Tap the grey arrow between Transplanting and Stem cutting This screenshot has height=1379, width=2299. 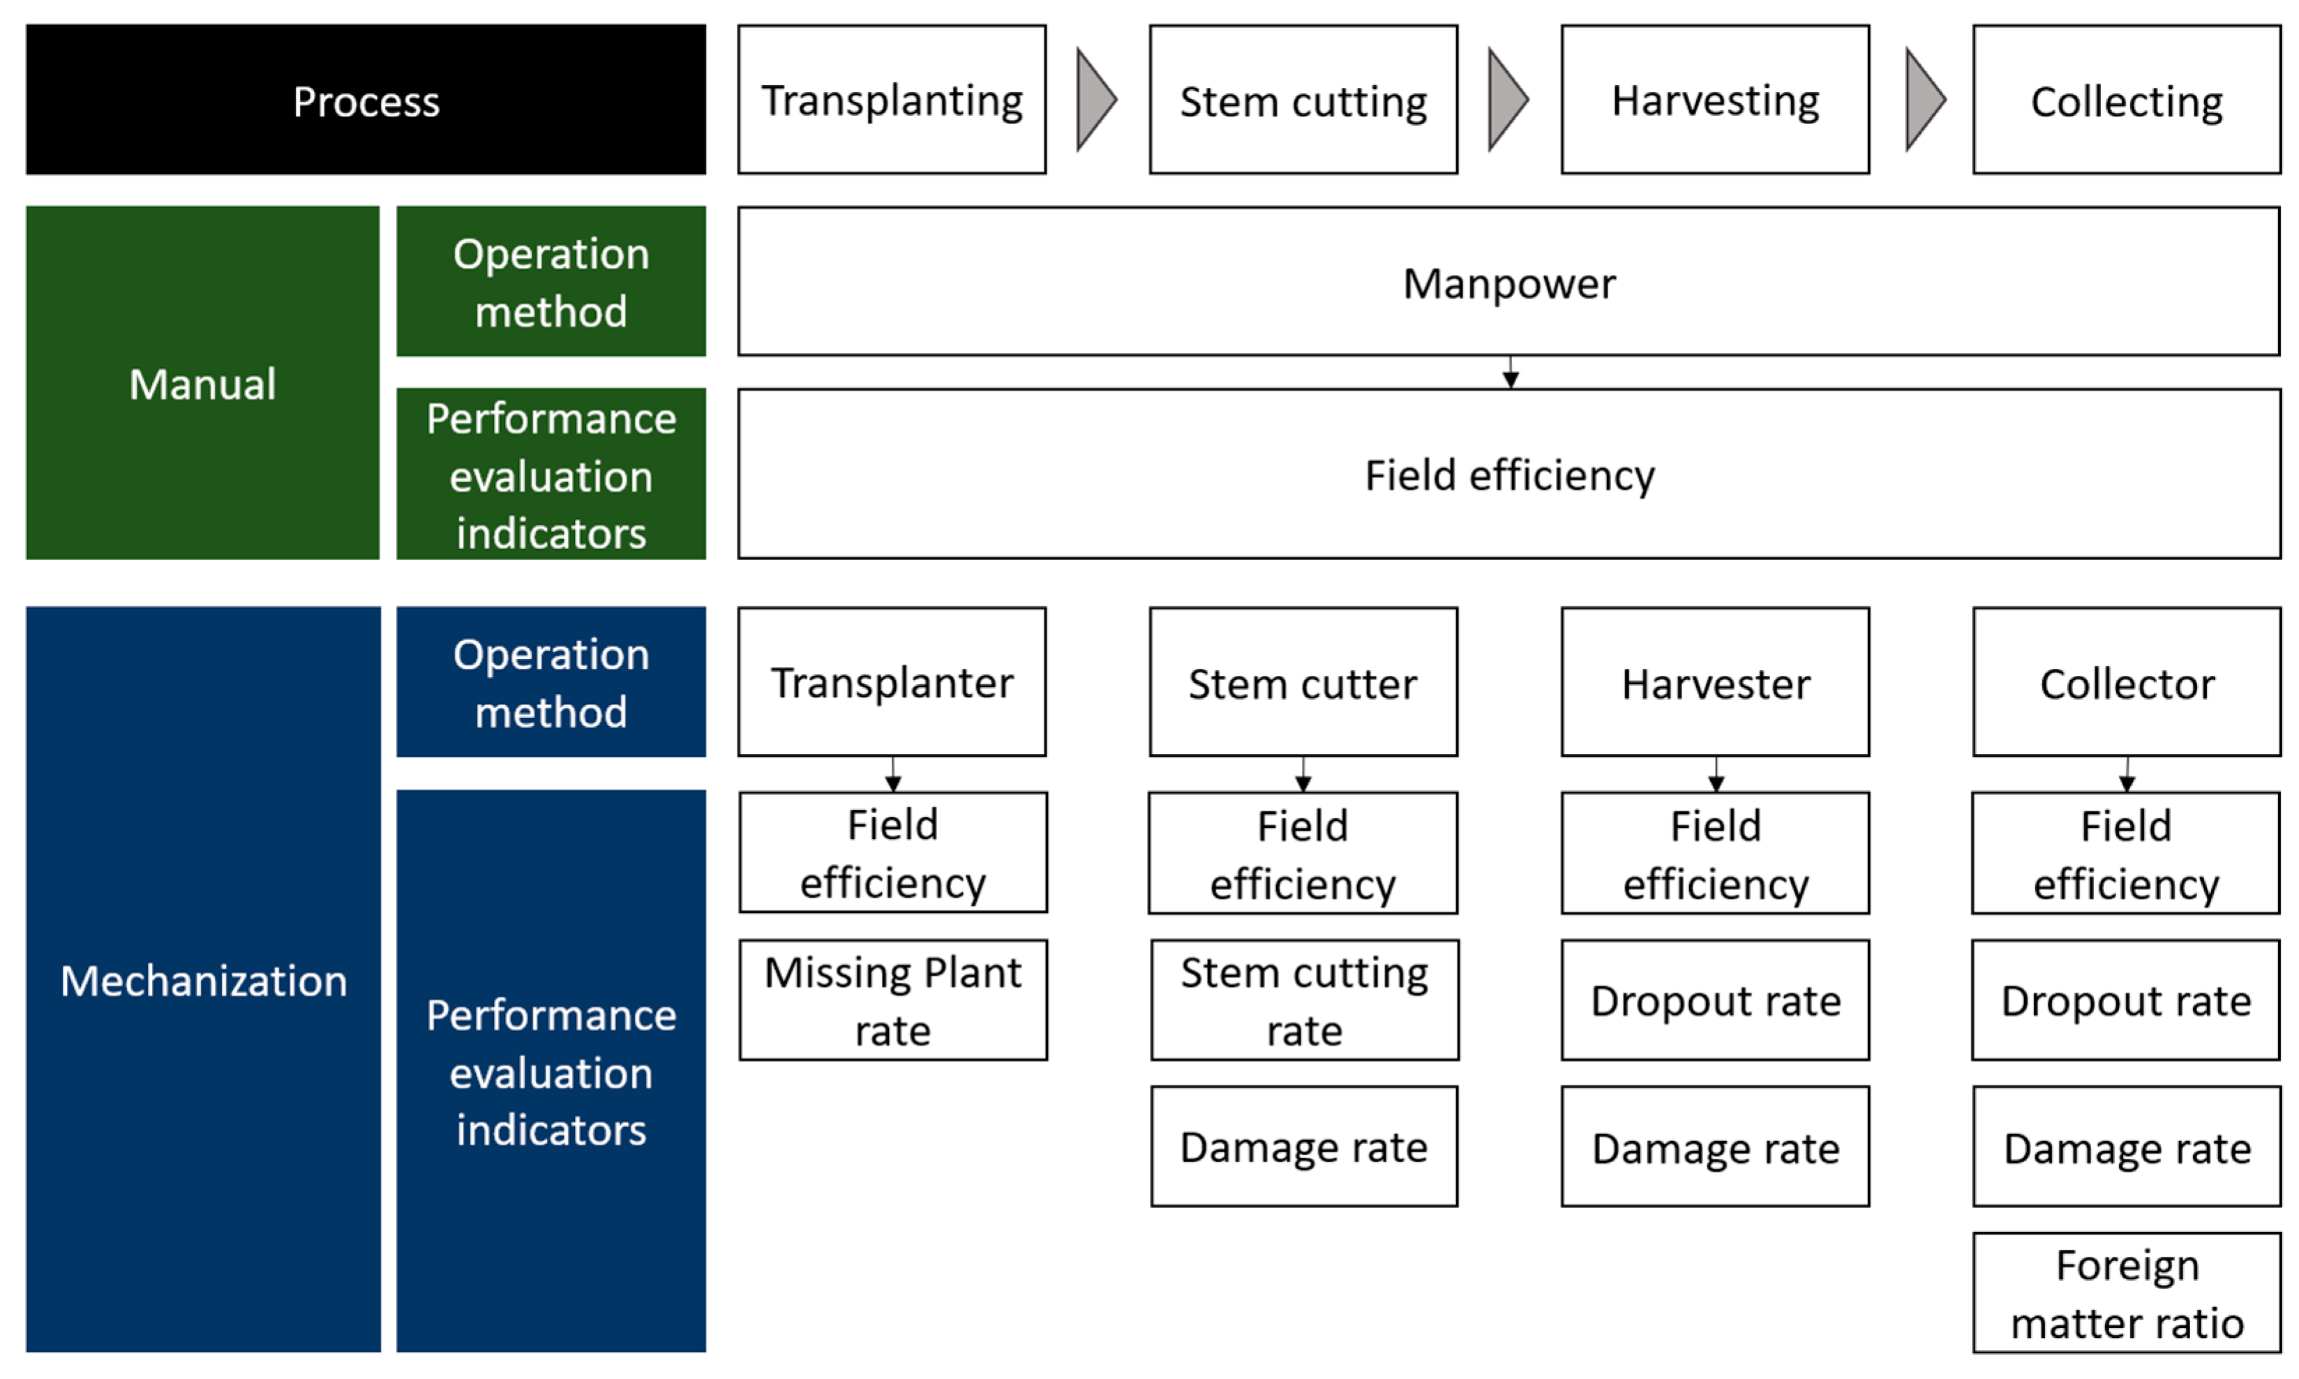[1095, 100]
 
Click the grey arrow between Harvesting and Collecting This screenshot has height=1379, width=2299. [1924, 100]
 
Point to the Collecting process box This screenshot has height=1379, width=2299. [2126, 100]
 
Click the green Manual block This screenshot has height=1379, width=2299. [202, 383]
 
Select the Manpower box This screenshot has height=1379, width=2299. [1508, 282]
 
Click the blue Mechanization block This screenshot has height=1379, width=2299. [202, 979]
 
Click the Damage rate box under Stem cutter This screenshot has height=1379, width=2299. [1304, 1147]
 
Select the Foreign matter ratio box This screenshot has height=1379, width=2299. [2126, 1293]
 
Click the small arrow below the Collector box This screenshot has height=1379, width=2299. [2126, 775]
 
